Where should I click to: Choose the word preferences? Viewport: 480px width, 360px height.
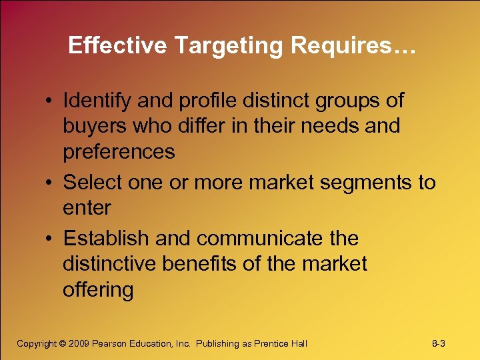119,152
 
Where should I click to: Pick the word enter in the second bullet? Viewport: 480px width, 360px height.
87,208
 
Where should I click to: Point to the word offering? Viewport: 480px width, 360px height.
98,290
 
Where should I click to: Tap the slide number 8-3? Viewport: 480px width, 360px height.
439,344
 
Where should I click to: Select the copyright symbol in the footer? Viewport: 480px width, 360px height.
63,344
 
